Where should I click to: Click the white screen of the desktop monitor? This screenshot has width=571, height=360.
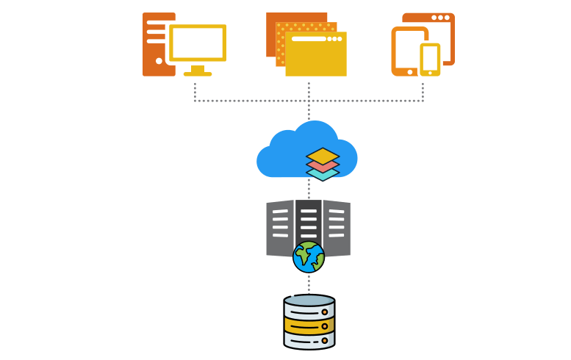pyautogui.click(x=197, y=43)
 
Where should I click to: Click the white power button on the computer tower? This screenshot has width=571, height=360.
pyautogui.click(x=159, y=61)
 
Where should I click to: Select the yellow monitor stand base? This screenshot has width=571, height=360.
pyautogui.click(x=198, y=73)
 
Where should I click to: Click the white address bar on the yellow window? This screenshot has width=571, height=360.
pyautogui.click(x=308, y=39)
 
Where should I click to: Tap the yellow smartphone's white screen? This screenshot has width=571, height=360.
pyautogui.click(x=430, y=58)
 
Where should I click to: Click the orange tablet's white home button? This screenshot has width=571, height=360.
pyautogui.click(x=409, y=72)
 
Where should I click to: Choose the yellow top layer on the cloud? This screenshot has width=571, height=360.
pyautogui.click(x=323, y=156)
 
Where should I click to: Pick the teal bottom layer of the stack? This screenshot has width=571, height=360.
pyautogui.click(x=323, y=175)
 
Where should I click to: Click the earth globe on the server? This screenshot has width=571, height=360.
pyautogui.click(x=309, y=256)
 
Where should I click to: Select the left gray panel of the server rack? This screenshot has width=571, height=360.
pyautogui.click(x=280, y=228)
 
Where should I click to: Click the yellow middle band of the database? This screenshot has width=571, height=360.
pyautogui.click(x=309, y=325)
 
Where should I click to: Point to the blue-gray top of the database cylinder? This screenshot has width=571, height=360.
pyautogui.click(x=309, y=300)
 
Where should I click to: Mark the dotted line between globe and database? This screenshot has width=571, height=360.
pyautogui.click(x=309, y=283)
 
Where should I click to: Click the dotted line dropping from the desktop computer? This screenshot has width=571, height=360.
pyautogui.click(x=195, y=91)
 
